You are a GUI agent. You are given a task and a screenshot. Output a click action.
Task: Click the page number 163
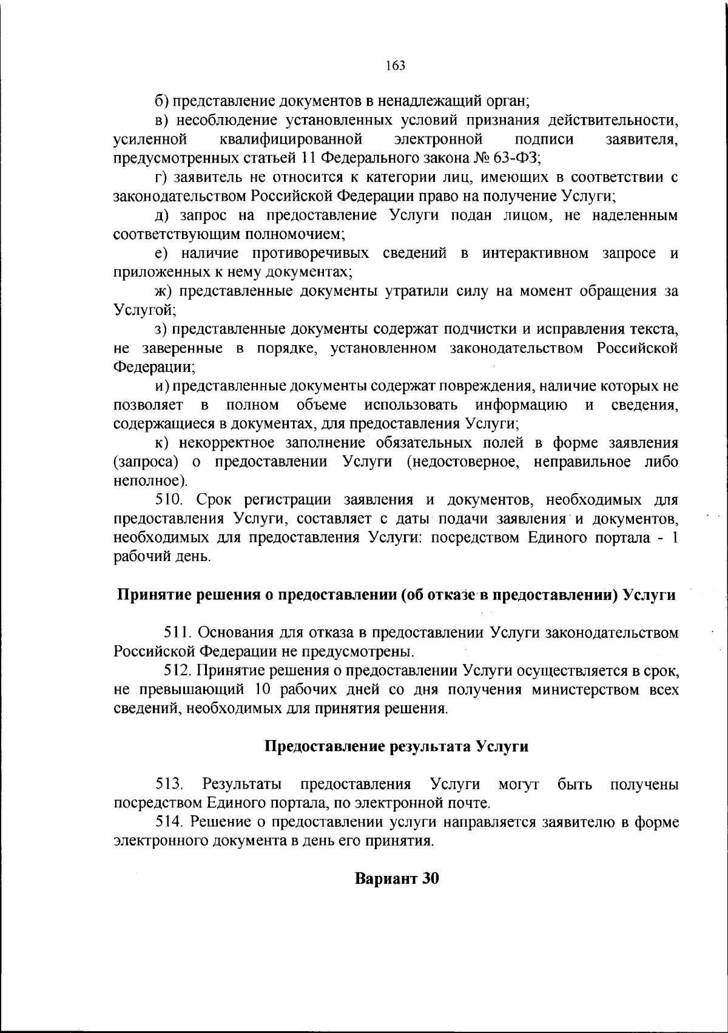tap(395, 65)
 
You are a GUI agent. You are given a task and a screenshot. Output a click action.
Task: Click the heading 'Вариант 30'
tap(396, 878)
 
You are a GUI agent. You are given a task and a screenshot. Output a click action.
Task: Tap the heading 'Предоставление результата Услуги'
tap(397, 746)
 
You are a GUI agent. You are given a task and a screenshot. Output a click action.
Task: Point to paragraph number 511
tap(178, 633)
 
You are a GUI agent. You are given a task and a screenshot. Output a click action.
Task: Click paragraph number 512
tap(178, 670)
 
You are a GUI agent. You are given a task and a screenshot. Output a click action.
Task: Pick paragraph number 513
tap(170, 784)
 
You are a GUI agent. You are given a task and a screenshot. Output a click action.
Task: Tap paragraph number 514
tap(170, 822)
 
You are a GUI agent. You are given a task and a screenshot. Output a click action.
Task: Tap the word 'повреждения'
tap(485, 386)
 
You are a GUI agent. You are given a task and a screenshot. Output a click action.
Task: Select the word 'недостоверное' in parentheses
tap(463, 462)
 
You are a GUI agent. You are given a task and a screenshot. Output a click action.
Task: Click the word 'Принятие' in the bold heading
tap(146, 594)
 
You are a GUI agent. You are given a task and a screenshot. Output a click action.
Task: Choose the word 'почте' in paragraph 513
tap(470, 804)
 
